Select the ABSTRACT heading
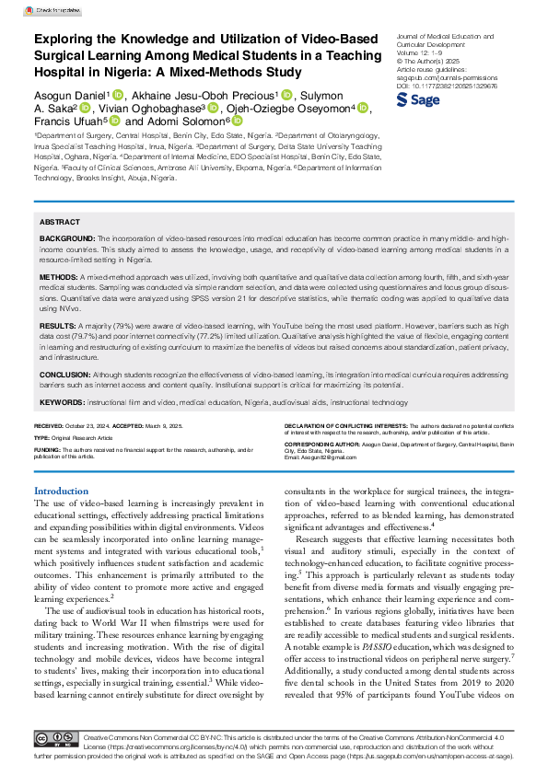60,223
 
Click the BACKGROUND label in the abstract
66,237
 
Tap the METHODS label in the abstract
59,275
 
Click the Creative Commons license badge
57,739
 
